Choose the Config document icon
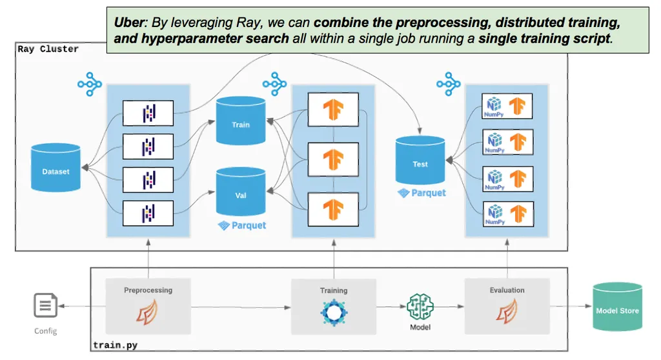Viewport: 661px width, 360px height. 45,306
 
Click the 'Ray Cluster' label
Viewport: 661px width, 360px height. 48,49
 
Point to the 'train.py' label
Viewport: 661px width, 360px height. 115,346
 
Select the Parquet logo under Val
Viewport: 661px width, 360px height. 242,225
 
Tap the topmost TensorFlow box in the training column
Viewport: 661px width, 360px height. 334,109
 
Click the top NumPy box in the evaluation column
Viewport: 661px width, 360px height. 507,106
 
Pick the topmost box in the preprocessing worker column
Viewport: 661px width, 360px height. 148,114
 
